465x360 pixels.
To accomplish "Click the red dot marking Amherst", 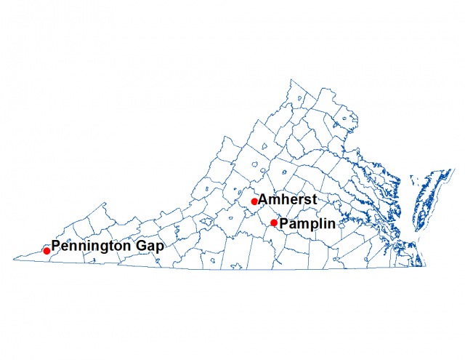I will (x=254, y=201).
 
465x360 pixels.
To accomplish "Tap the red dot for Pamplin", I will (x=274, y=223).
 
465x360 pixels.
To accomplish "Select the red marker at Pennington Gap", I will (x=46, y=250).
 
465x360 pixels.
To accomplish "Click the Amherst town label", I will (x=287, y=199).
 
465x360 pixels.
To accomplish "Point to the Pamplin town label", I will (x=307, y=224).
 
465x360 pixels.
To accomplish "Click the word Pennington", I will (x=93, y=247).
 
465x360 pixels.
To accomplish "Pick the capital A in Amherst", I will (x=263, y=199).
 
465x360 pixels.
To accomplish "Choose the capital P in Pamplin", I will (x=284, y=223).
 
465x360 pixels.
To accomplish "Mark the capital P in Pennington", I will (x=57, y=246).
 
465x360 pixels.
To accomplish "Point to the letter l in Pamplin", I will (x=319, y=223).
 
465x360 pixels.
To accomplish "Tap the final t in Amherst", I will (x=313, y=199).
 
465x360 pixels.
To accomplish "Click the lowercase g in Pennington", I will (x=105, y=248).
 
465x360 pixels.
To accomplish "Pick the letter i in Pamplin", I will (x=323, y=223).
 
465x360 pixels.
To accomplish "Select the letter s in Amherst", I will (x=307, y=200).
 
